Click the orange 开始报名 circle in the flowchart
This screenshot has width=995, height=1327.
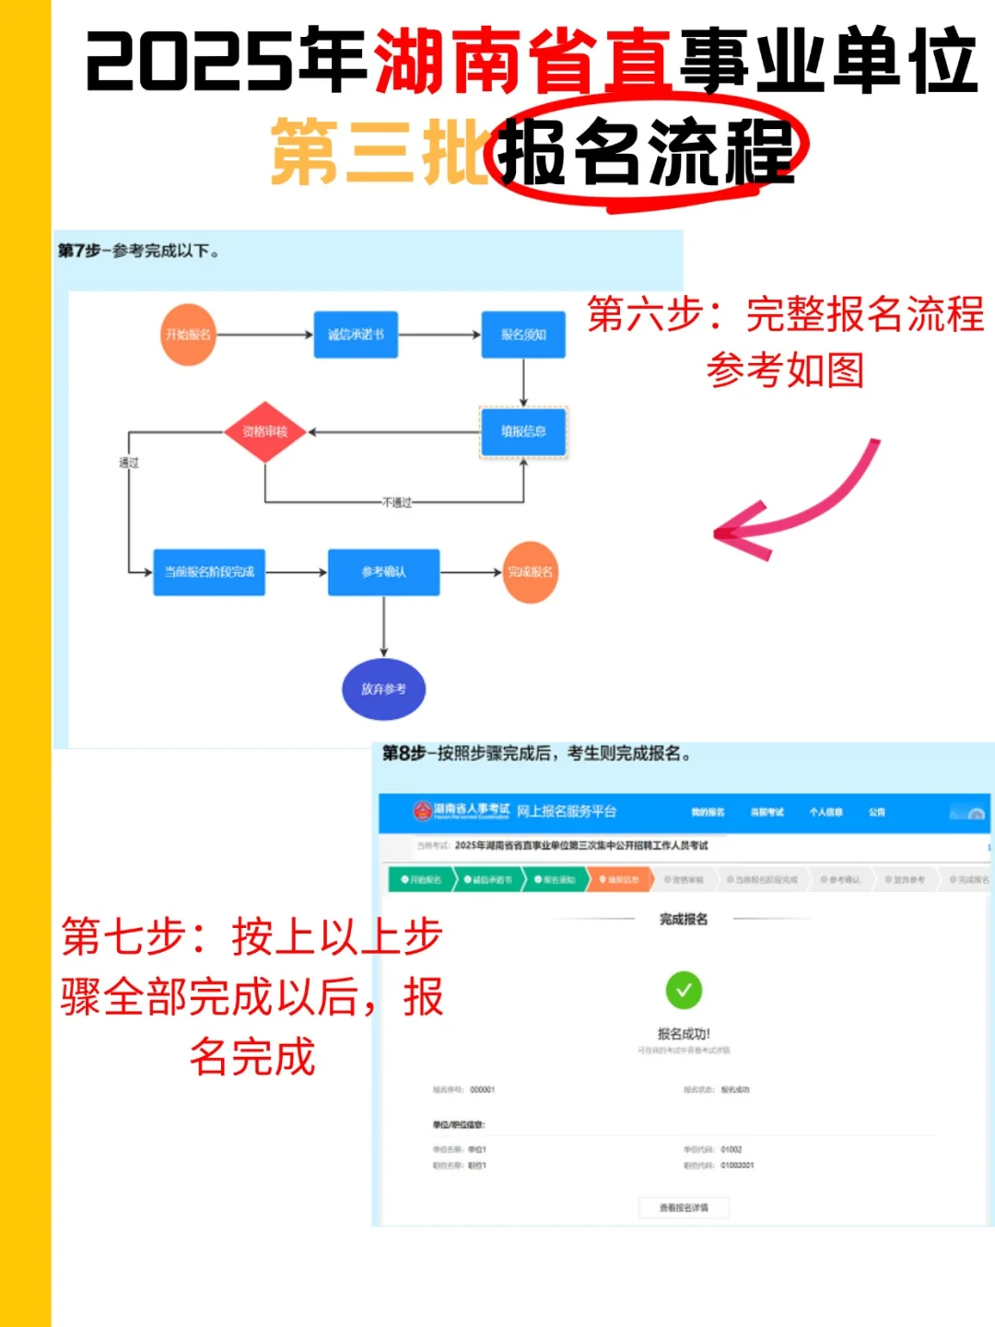[188, 335]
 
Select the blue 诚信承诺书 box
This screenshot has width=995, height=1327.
[356, 335]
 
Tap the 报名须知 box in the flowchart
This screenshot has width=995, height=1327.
[523, 335]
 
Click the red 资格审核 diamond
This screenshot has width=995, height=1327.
[265, 431]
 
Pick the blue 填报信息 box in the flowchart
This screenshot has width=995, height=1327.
[523, 431]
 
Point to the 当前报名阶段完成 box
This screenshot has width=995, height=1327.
[209, 572]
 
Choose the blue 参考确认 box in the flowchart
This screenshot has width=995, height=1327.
[383, 572]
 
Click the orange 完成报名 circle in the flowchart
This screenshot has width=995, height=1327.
[530, 572]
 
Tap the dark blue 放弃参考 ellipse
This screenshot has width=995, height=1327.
[383, 688]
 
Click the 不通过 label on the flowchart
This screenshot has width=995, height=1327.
[397, 502]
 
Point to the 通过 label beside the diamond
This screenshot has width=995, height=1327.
[129, 463]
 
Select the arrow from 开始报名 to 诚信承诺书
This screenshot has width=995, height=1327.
[265, 335]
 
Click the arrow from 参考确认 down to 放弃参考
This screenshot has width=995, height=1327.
[383, 627]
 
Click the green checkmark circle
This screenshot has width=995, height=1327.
[684, 991]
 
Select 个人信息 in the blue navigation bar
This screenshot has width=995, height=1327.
[825, 812]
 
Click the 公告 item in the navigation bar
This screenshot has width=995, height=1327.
[876, 812]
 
